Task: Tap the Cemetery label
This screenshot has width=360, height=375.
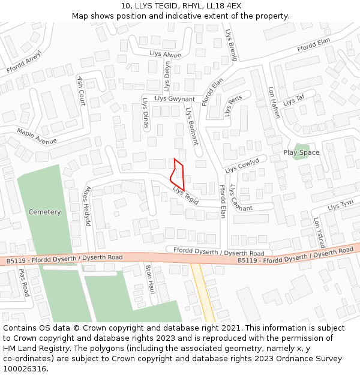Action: click(x=44, y=212)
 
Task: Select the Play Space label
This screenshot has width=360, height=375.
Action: click(x=301, y=152)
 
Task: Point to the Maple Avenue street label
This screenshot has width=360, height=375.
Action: click(x=37, y=136)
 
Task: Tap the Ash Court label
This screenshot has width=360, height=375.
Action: click(x=81, y=91)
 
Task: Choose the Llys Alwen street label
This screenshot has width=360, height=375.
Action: click(x=165, y=55)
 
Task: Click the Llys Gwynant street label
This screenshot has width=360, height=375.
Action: click(x=175, y=98)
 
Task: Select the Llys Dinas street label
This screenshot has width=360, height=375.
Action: click(x=145, y=113)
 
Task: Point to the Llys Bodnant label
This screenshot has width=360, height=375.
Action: click(x=191, y=127)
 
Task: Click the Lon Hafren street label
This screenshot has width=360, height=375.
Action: click(x=274, y=103)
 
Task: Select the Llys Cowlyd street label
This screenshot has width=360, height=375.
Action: click(x=242, y=165)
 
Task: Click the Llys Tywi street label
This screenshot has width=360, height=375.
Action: click(x=340, y=206)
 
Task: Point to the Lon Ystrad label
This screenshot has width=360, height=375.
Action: click(x=319, y=233)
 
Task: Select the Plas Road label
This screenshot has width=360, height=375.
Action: click(x=23, y=283)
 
